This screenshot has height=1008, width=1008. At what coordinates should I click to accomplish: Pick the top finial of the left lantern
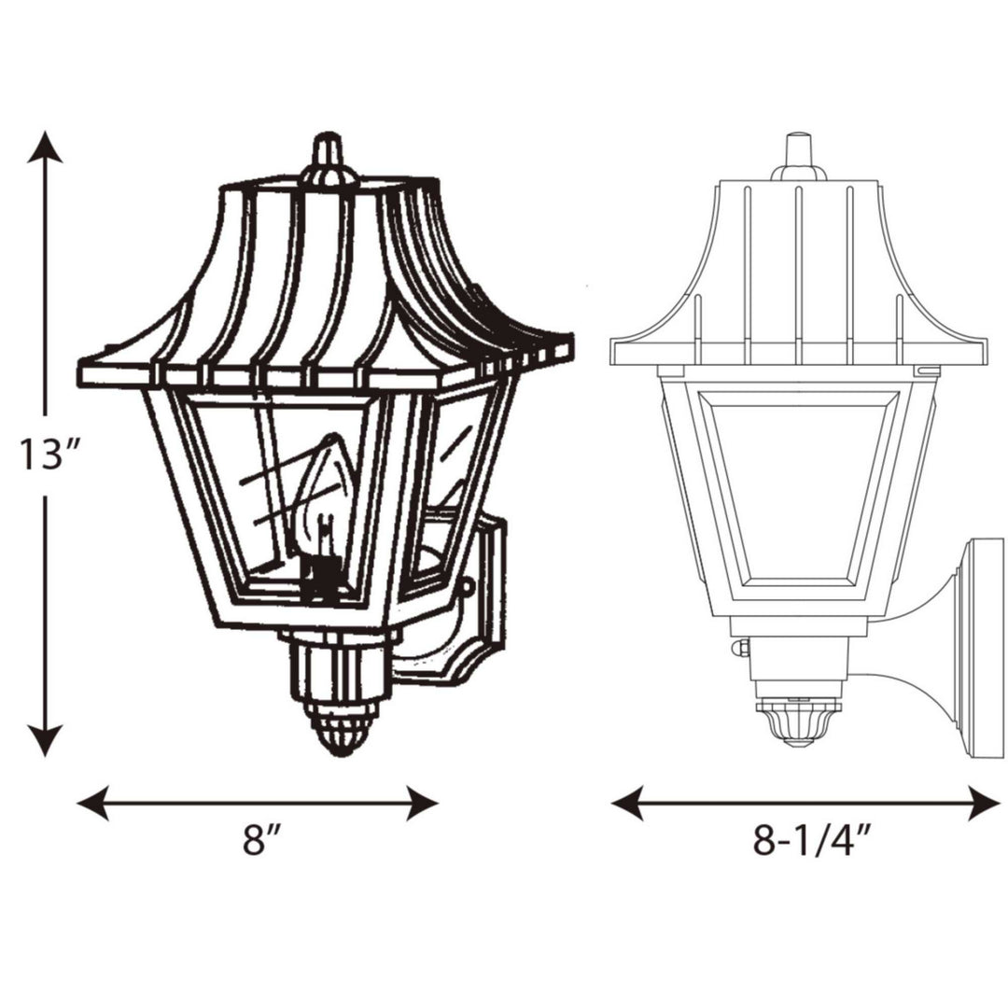tap(326, 154)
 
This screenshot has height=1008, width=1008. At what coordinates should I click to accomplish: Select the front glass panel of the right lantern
tap(798, 495)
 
